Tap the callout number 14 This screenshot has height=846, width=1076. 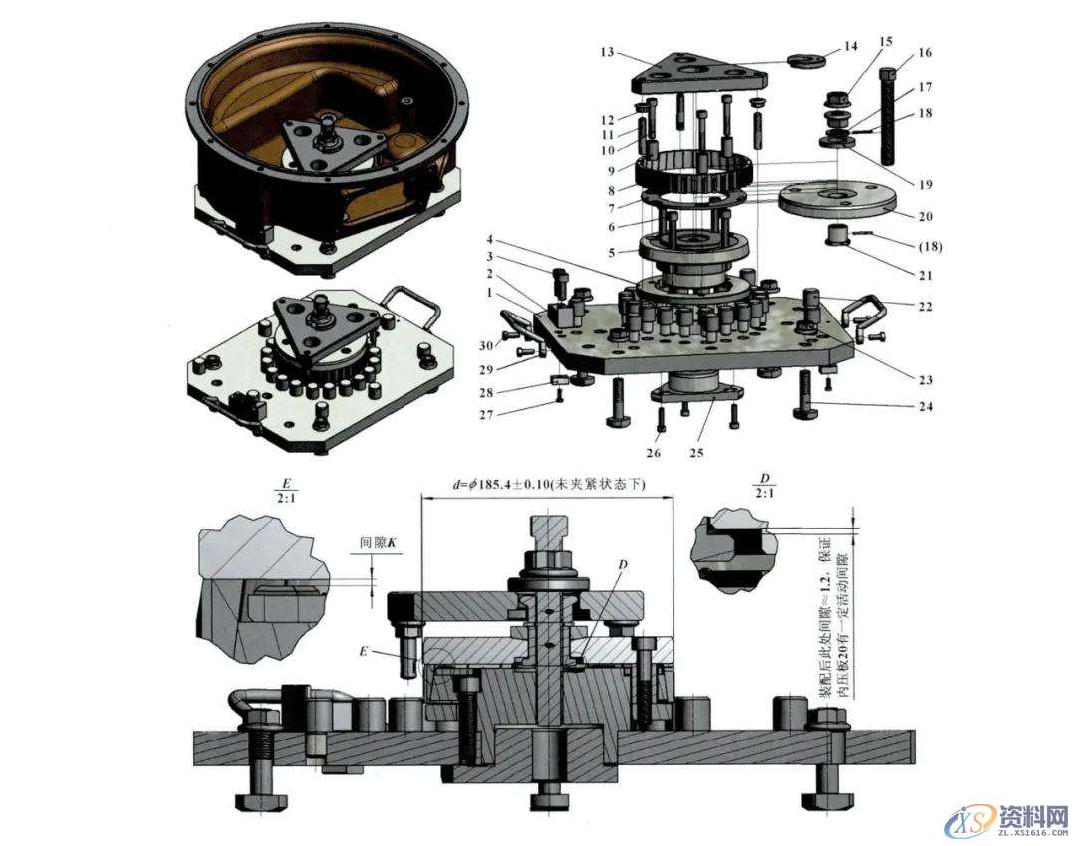pyautogui.click(x=849, y=47)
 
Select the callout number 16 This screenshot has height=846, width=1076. pyautogui.click(x=924, y=52)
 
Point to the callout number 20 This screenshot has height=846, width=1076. pyautogui.click(x=924, y=215)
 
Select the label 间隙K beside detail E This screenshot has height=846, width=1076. pyautogui.click(x=379, y=544)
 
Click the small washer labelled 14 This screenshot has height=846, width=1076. pyautogui.click(x=804, y=58)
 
